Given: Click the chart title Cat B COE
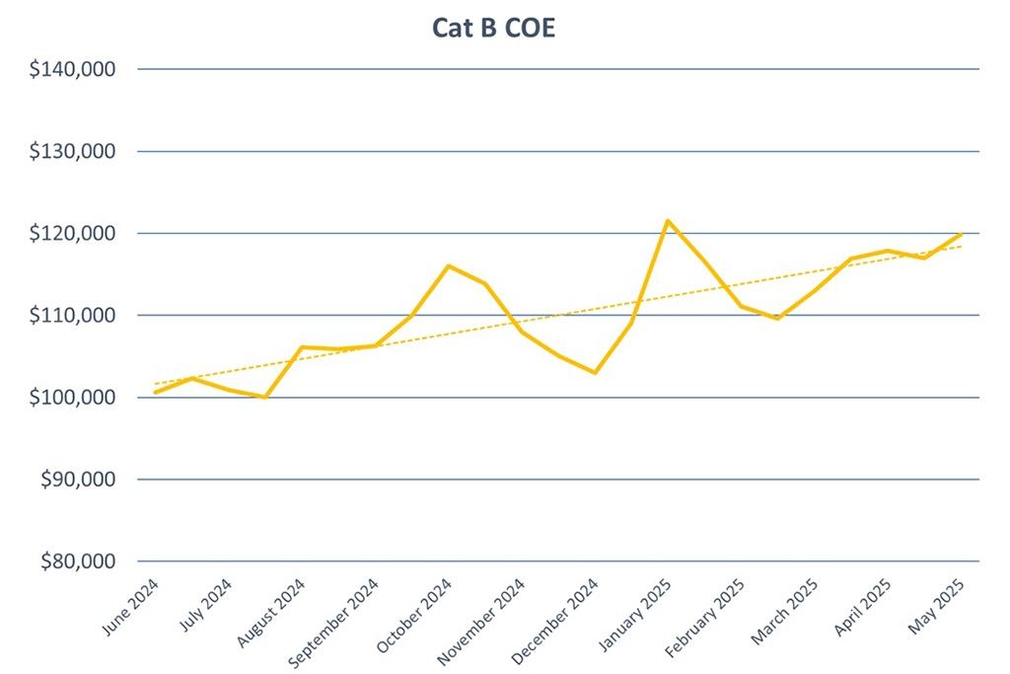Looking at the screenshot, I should pos(493,28).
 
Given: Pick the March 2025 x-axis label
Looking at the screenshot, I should pos(784,609).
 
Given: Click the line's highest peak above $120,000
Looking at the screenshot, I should pos(668,221).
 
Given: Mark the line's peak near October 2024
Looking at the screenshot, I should pos(448,265).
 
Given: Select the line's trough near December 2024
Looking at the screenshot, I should pos(595,372).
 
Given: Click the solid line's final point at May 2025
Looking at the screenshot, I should pos(961,234).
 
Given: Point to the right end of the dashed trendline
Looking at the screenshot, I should pos(961,246).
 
